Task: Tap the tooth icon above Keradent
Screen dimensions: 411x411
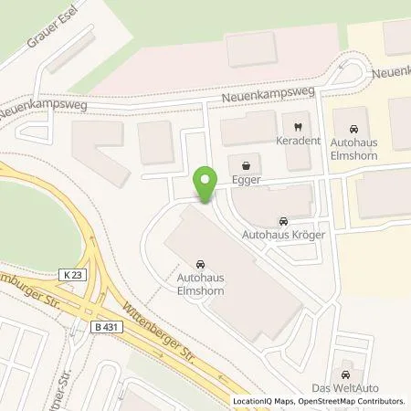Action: [x=296, y=128]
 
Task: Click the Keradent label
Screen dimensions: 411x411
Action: [x=296, y=143]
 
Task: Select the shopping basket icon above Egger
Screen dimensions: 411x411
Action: [x=244, y=166]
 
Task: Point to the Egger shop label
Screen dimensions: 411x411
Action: [x=244, y=182]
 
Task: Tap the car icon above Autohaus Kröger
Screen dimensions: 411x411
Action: [x=282, y=221]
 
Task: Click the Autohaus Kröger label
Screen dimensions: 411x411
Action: [x=282, y=236]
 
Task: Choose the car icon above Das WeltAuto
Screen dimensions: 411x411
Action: [x=345, y=374]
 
